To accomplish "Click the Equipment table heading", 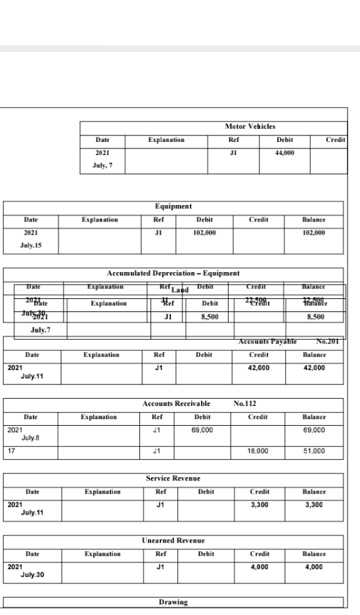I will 173,206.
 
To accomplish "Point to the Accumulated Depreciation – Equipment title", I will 173,273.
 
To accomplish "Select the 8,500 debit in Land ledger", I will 210,317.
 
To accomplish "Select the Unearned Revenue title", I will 173,541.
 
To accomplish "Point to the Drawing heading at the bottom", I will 173,601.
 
